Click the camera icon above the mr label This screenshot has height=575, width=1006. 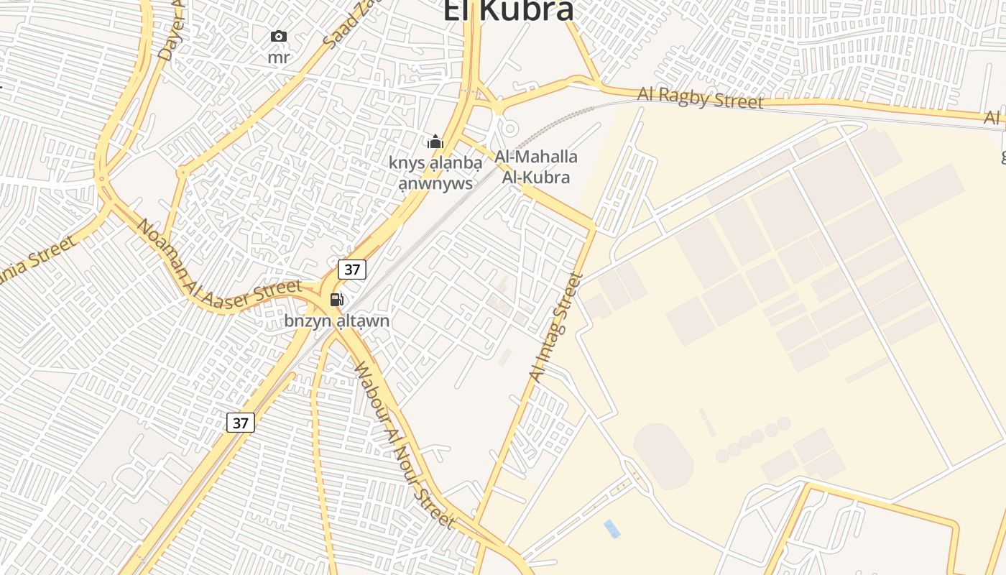279,36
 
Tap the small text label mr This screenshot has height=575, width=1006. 279,57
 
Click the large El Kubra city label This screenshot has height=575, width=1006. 508,10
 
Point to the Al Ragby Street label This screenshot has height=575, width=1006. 700,98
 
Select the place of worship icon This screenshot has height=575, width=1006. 435,142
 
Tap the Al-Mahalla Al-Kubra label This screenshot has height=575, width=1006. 536,167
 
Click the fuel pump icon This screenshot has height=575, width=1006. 336,300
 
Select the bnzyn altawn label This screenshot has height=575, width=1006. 337,321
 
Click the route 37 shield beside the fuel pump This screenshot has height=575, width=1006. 352,270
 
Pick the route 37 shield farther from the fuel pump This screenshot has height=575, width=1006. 241,423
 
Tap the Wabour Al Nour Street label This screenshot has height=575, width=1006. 404,446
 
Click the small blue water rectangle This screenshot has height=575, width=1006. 612,529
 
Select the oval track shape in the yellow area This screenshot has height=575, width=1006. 663,456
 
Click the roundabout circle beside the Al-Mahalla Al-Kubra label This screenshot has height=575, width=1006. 509,128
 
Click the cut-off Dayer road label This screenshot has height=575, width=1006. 171,29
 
